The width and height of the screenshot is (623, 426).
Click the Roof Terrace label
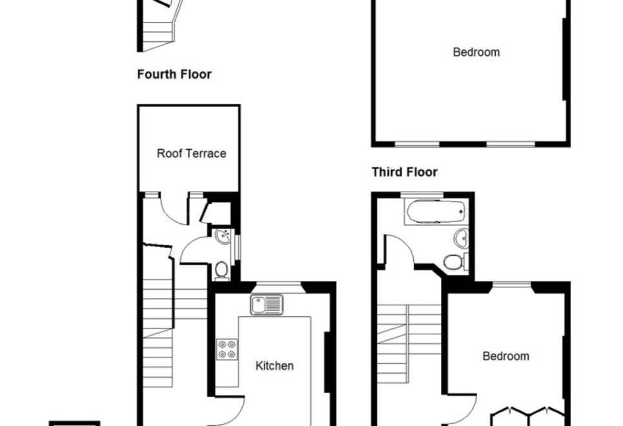192,154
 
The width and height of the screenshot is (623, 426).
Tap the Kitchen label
274,365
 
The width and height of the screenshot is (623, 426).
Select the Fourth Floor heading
174,74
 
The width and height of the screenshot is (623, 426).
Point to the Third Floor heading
405,172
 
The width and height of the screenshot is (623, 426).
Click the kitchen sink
267,305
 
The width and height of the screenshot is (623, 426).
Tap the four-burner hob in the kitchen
227,349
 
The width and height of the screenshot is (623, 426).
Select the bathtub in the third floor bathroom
436,212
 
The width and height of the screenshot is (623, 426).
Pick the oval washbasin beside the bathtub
461,238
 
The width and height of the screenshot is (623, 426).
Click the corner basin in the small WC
223,236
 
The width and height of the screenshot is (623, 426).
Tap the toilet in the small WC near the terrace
221,270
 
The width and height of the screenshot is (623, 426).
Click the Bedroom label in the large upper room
476,52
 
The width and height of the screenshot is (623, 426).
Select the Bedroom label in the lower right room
506,356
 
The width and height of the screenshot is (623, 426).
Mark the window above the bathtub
422,194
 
